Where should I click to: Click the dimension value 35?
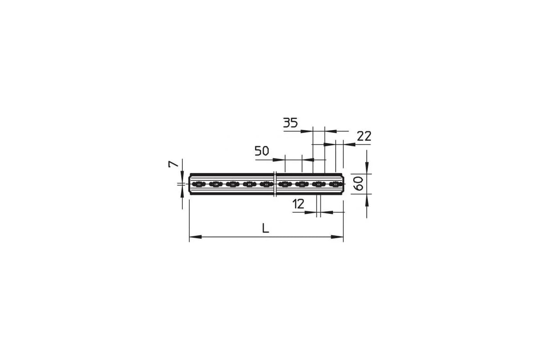(290, 123)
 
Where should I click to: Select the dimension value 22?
(364, 136)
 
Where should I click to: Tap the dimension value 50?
(262, 151)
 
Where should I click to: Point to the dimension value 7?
(173, 164)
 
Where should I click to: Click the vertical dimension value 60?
(360, 183)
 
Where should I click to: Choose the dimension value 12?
(298, 204)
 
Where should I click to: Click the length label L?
(265, 228)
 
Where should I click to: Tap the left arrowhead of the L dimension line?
(195, 237)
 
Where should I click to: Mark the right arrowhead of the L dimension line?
(337, 237)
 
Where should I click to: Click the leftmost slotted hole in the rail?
(198, 184)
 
